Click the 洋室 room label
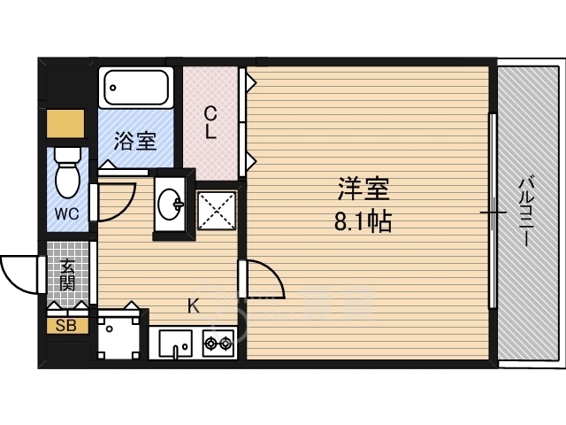click(x=363, y=189)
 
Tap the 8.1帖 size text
click(x=363, y=221)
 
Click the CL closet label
click(x=210, y=123)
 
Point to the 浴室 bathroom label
click(x=136, y=141)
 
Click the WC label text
click(x=67, y=214)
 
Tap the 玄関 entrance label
click(x=68, y=274)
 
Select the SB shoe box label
click(x=67, y=325)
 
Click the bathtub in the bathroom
click(x=136, y=88)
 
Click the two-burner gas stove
click(x=219, y=341)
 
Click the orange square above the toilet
click(x=65, y=121)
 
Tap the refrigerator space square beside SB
click(x=118, y=334)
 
